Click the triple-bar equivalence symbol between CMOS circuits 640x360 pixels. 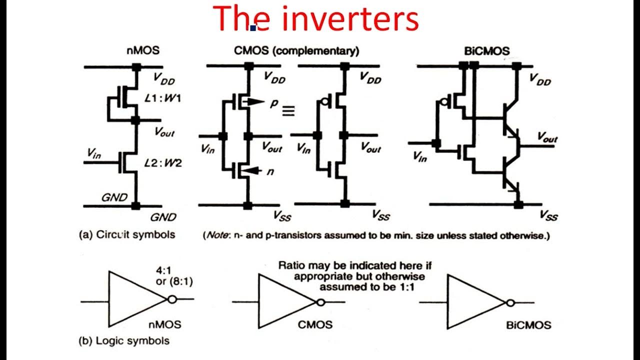coord(288,111)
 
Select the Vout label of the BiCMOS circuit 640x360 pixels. coord(547,136)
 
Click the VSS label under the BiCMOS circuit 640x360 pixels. coord(548,215)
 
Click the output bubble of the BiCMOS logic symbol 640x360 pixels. coord(509,302)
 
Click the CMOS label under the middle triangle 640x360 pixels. coord(315,324)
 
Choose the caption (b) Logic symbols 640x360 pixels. coord(124,341)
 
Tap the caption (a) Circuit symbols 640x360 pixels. coord(127,234)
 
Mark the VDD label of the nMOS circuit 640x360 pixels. coord(163,79)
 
